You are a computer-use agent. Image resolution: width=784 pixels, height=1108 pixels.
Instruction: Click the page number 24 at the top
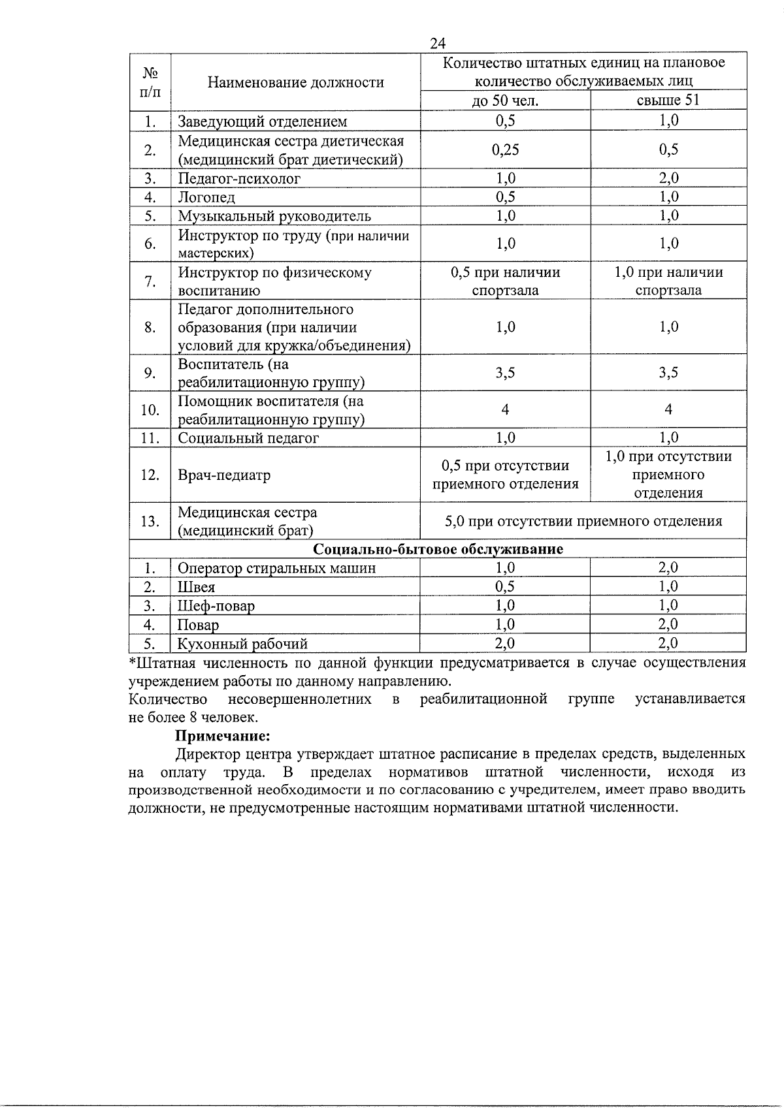click(x=438, y=43)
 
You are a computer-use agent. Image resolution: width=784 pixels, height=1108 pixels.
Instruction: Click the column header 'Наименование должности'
click(x=295, y=82)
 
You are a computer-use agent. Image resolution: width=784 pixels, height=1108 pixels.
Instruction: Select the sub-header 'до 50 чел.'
click(x=505, y=101)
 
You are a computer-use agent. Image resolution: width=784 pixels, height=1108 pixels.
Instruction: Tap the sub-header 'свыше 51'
click(x=668, y=101)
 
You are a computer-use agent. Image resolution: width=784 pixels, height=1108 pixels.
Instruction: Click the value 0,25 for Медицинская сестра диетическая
click(x=505, y=150)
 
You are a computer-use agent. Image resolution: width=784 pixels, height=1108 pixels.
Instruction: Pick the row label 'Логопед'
click(x=206, y=197)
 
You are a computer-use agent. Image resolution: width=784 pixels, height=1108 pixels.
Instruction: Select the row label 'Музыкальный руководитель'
click(x=274, y=216)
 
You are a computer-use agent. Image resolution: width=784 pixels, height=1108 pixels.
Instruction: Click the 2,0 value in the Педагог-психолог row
click(x=668, y=178)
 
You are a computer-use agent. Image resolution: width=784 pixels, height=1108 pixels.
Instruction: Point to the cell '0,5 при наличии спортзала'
click(x=505, y=281)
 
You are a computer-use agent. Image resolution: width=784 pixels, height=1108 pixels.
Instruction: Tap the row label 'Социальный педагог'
click(x=248, y=438)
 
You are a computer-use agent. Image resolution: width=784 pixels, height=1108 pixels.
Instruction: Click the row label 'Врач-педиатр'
click(x=224, y=475)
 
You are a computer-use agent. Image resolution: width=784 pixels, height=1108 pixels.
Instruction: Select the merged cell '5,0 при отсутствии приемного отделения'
click(x=583, y=521)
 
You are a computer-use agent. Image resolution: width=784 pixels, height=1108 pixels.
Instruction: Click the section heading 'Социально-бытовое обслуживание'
click(x=438, y=549)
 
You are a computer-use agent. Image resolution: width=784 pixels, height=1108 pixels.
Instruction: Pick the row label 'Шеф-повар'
click(x=216, y=606)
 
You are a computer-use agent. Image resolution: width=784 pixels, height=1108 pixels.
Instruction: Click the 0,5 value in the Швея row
click(x=505, y=587)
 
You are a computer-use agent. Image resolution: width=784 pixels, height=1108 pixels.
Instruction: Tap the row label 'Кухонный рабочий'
click(x=242, y=644)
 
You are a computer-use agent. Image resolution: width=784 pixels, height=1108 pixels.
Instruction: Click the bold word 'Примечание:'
click(x=222, y=736)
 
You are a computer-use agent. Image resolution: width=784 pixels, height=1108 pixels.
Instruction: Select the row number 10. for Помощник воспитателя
click(x=150, y=410)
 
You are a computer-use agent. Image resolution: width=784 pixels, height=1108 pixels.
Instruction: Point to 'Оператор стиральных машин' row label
click(x=276, y=568)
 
